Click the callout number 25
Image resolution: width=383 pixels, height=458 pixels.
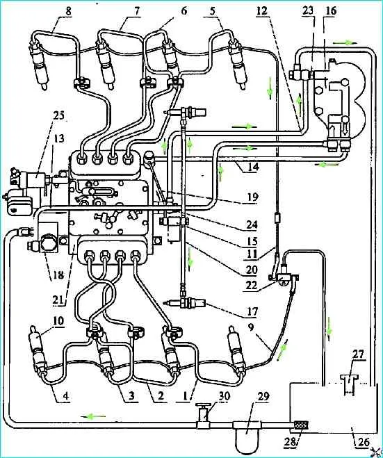tap(59, 116)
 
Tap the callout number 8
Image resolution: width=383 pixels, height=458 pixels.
tap(68, 12)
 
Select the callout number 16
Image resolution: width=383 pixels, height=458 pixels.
tap(330, 11)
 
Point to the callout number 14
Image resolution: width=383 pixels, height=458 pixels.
tap(253, 167)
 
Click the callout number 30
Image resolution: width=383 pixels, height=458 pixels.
tap(224, 396)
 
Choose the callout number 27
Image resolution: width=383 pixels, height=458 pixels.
tap(359, 354)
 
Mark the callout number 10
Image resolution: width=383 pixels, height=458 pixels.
tap(58, 320)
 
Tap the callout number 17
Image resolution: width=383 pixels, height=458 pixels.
tap(252, 311)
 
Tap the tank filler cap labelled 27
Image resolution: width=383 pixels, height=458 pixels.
tap(349, 385)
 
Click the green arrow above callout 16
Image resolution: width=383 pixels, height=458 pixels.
tap(345, 42)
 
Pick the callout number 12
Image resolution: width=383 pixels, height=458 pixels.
tap(261, 11)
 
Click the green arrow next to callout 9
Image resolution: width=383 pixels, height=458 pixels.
tap(282, 347)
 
